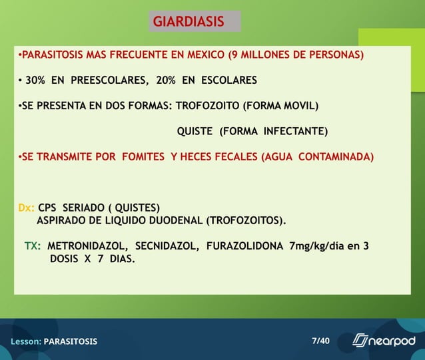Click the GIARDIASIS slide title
[189, 21]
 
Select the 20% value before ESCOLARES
[167, 81]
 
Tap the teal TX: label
[33, 246]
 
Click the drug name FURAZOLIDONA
[244, 246]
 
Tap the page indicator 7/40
[320, 341]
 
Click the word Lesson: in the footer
[26, 341]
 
